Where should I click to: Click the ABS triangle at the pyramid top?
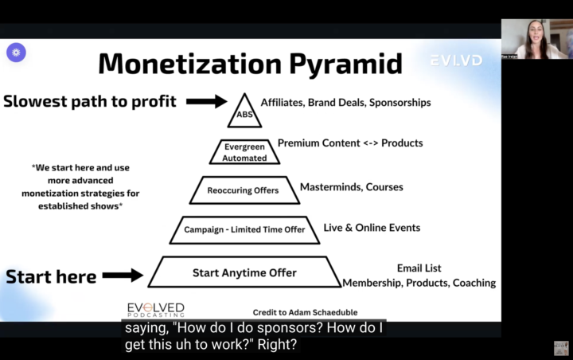[243, 113]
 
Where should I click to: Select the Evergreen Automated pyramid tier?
[244, 152]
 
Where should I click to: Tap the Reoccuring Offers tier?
[244, 190]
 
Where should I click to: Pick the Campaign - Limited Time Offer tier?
[244, 230]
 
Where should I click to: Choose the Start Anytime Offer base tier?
[244, 272]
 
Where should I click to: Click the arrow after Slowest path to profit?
[207, 101]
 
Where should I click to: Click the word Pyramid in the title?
[338, 64]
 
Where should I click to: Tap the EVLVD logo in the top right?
[455, 60]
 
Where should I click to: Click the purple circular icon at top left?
[16, 53]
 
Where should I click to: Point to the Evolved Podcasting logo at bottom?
[156, 310]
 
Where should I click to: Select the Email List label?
[419, 268]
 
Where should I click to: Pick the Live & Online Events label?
[372, 228]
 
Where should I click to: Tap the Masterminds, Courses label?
[351, 187]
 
